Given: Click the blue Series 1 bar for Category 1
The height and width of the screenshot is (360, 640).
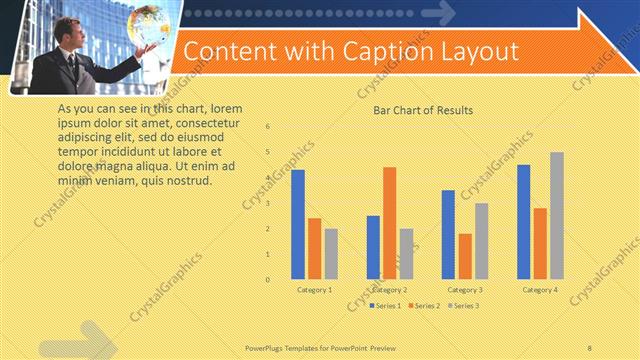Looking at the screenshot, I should [297, 224].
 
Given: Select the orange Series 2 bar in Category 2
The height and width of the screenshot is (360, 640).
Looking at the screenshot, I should [389, 222].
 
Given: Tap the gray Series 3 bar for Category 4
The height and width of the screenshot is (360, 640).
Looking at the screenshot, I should [556, 215].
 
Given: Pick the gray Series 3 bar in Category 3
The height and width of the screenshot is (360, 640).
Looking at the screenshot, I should [481, 241].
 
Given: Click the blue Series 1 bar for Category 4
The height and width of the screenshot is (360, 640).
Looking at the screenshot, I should [523, 221].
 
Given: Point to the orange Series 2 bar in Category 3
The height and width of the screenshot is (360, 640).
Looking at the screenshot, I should [465, 256].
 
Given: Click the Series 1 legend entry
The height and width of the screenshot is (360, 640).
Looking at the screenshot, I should [386, 305].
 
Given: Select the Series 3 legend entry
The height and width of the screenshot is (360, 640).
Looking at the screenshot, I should [461, 305].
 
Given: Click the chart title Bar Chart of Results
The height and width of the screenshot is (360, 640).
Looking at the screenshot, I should [422, 110].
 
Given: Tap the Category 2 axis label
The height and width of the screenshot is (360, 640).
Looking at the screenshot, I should [389, 289].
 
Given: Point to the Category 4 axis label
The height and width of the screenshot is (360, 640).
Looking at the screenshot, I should [540, 289].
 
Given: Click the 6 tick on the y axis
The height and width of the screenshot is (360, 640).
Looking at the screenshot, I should [267, 127].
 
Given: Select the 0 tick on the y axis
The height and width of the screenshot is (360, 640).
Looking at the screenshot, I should [267, 279].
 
